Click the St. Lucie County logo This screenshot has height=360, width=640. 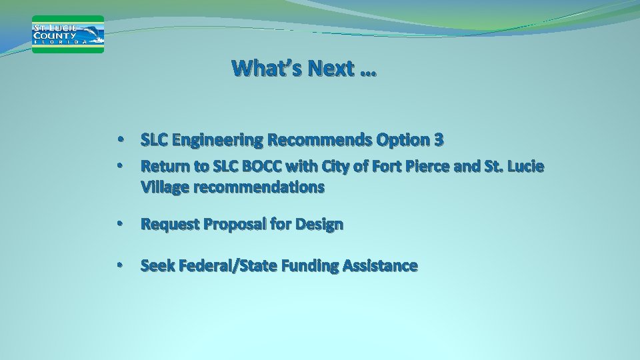point(68,34)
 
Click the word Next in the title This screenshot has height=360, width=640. point(331,68)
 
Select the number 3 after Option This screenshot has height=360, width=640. point(439,140)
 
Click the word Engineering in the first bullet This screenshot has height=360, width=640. point(217,140)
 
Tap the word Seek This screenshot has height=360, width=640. point(156,266)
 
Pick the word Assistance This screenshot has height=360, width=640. point(381,266)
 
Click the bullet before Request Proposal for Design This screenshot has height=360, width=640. point(119,225)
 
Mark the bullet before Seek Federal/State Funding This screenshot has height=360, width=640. point(119,266)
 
